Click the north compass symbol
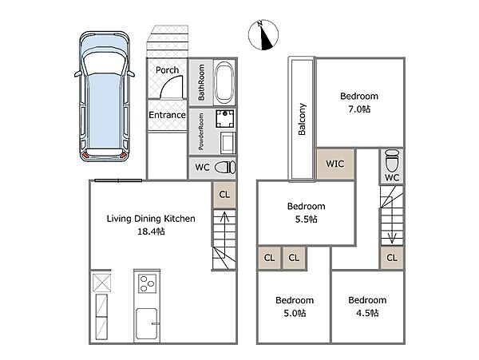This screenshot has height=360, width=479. click(x=263, y=34)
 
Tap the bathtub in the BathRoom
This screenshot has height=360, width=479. click(x=224, y=82)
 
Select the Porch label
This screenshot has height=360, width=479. click(x=167, y=70)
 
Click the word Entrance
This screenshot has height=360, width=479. click(x=167, y=115)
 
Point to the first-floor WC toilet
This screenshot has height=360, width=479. click(x=225, y=168)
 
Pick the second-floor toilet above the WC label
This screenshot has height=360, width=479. click(x=392, y=160)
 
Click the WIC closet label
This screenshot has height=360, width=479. click(x=335, y=164)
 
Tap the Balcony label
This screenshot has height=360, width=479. click(x=302, y=119)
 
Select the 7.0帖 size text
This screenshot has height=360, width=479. click(x=359, y=109)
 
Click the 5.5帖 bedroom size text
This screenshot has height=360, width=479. click(x=306, y=219)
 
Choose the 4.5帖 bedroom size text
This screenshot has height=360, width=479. click(x=367, y=313)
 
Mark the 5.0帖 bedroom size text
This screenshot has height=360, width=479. click(x=295, y=313)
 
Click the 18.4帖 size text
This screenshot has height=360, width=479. click(x=151, y=231)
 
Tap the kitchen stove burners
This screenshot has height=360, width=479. click(x=148, y=283)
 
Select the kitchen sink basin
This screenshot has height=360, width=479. click(x=147, y=323)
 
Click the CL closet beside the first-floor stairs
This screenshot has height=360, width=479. click(x=224, y=195)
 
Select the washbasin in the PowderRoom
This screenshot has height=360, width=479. click(x=228, y=143)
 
